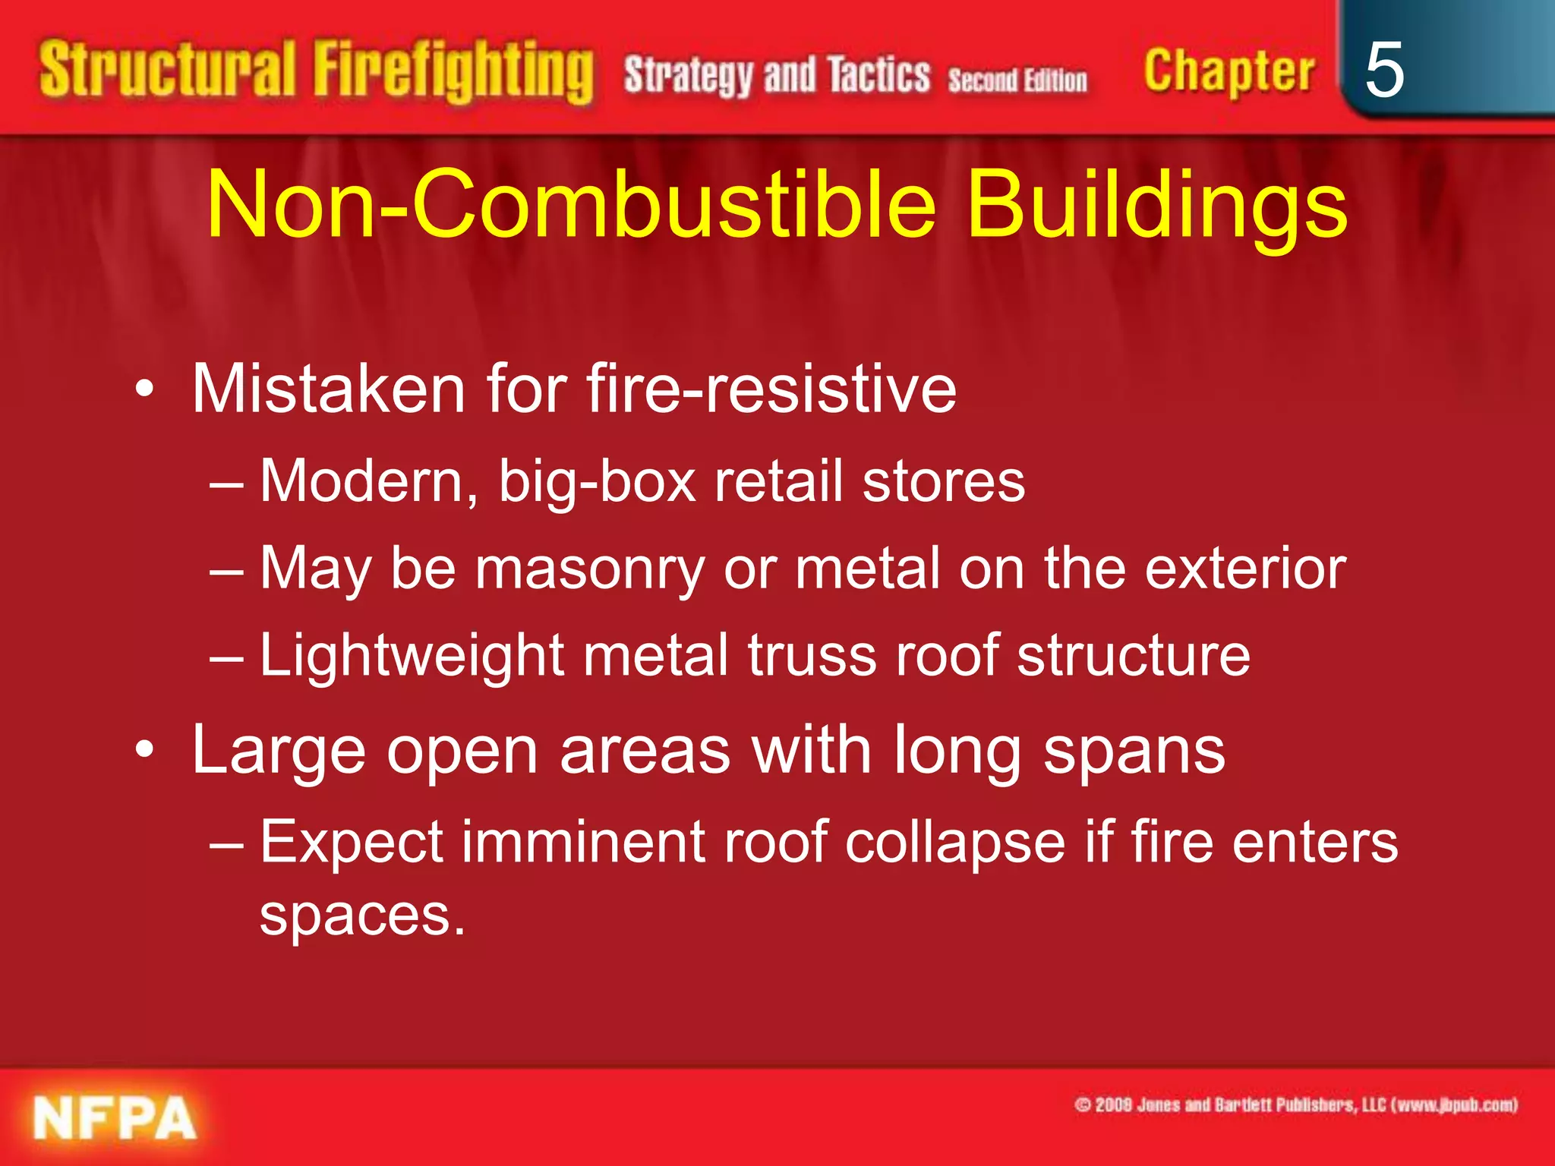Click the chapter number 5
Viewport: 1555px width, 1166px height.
click(1383, 70)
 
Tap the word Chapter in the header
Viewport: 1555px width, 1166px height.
click(1229, 72)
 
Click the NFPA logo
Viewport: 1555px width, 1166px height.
click(114, 1118)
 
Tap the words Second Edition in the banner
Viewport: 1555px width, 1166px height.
click(1017, 80)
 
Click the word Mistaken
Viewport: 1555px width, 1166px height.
click(328, 389)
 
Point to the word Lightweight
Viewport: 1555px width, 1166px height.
click(412, 656)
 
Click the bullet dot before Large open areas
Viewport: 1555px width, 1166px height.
click(145, 751)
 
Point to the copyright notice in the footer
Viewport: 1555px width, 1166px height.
click(1296, 1105)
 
